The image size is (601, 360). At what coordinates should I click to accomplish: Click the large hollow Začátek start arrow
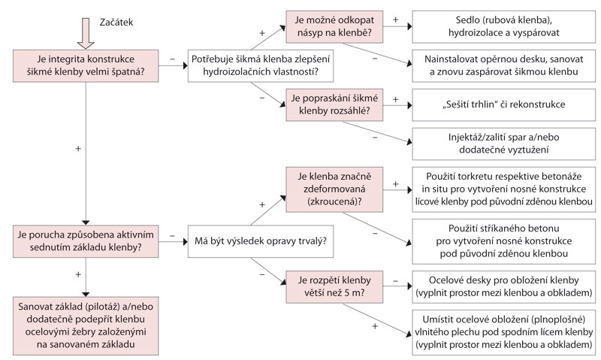[86, 33]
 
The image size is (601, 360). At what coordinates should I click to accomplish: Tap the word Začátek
[116, 23]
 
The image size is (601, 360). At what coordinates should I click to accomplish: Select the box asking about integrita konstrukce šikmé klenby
[86, 65]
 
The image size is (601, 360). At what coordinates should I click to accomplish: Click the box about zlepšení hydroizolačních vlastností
[261, 65]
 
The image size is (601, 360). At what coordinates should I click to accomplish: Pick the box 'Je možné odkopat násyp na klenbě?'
[334, 26]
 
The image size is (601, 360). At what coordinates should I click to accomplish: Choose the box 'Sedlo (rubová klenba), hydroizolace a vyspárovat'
[504, 26]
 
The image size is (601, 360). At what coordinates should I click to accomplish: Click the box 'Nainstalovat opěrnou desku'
[504, 65]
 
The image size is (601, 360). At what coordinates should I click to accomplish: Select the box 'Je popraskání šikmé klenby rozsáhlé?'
[334, 104]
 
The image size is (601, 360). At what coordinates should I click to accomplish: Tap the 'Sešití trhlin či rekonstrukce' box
[504, 104]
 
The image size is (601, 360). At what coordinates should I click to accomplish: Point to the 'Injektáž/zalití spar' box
[504, 144]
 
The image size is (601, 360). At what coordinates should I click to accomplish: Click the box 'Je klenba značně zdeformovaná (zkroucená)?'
[334, 189]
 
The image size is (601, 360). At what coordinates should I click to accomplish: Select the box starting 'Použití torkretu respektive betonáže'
[504, 189]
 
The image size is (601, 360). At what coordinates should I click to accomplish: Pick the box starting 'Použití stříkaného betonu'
[504, 241]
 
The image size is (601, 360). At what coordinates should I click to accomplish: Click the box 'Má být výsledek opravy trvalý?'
[261, 241]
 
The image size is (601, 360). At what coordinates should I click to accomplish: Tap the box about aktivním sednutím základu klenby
[86, 241]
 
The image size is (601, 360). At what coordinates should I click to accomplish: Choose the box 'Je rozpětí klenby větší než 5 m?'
[334, 287]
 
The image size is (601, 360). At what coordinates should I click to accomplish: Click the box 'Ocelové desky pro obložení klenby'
[504, 287]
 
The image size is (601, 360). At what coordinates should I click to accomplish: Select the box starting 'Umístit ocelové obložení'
[504, 332]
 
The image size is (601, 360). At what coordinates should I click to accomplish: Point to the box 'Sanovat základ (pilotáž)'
[86, 325]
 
